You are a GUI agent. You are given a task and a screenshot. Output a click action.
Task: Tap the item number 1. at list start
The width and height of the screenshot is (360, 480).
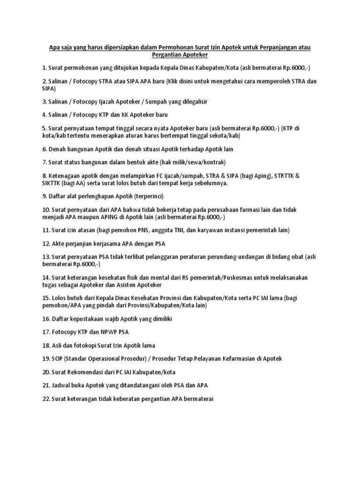click(x=45, y=68)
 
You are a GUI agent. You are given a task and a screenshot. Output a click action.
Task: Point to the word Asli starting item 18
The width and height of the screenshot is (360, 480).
click(x=57, y=345)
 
